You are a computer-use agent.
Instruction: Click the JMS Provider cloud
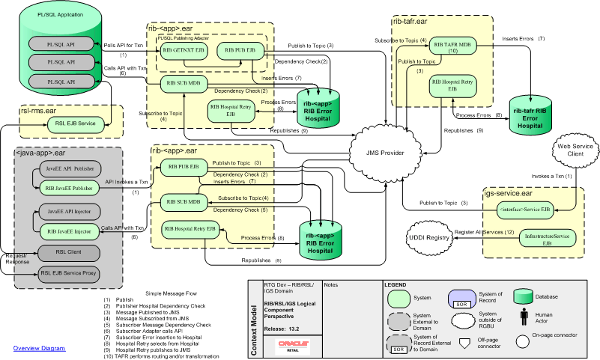pyautogui.click(x=384, y=153)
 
